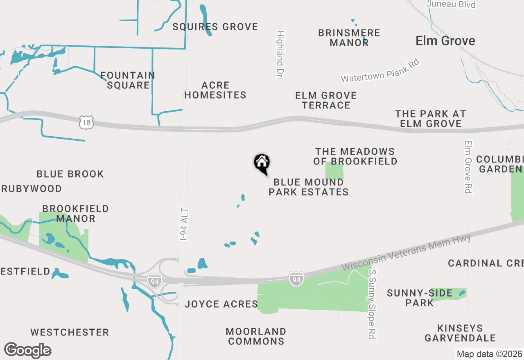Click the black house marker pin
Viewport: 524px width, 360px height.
pyautogui.click(x=262, y=163)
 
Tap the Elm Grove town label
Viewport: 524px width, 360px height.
pyautogui.click(x=445, y=41)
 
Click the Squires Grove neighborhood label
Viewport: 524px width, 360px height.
pyautogui.click(x=215, y=27)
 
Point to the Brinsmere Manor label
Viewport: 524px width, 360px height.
pyautogui.click(x=349, y=38)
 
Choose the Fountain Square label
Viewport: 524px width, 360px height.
pyautogui.click(x=128, y=80)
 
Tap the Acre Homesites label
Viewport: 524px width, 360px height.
pyautogui.click(x=215, y=90)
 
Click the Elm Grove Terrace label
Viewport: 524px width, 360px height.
pyautogui.click(x=326, y=100)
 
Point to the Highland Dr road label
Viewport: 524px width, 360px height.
pyautogui.click(x=280, y=54)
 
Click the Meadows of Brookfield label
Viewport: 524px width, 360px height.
pyautogui.click(x=355, y=156)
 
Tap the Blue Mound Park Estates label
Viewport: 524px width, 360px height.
pyautogui.click(x=309, y=187)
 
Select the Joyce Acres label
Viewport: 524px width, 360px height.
pyautogui.click(x=221, y=304)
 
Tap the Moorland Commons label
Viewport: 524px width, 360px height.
pyautogui.click(x=256, y=336)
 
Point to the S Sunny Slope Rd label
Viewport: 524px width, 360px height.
pyautogui.click(x=372, y=304)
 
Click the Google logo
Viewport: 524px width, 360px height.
pyautogui.click(x=28, y=351)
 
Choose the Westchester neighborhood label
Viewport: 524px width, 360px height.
pyautogui.click(x=70, y=332)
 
